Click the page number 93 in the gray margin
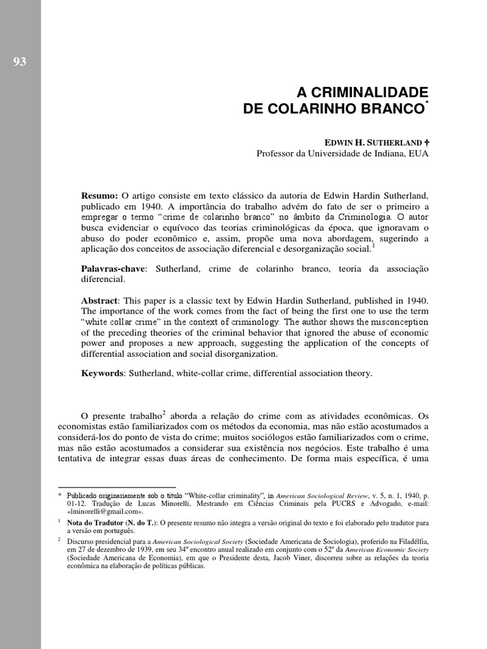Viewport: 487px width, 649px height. [x=19, y=61]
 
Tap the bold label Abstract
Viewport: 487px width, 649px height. [x=100, y=300]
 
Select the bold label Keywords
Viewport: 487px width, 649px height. [x=102, y=373]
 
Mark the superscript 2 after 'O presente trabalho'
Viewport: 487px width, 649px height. [x=164, y=413]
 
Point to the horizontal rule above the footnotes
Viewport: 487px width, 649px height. [x=112, y=487]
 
